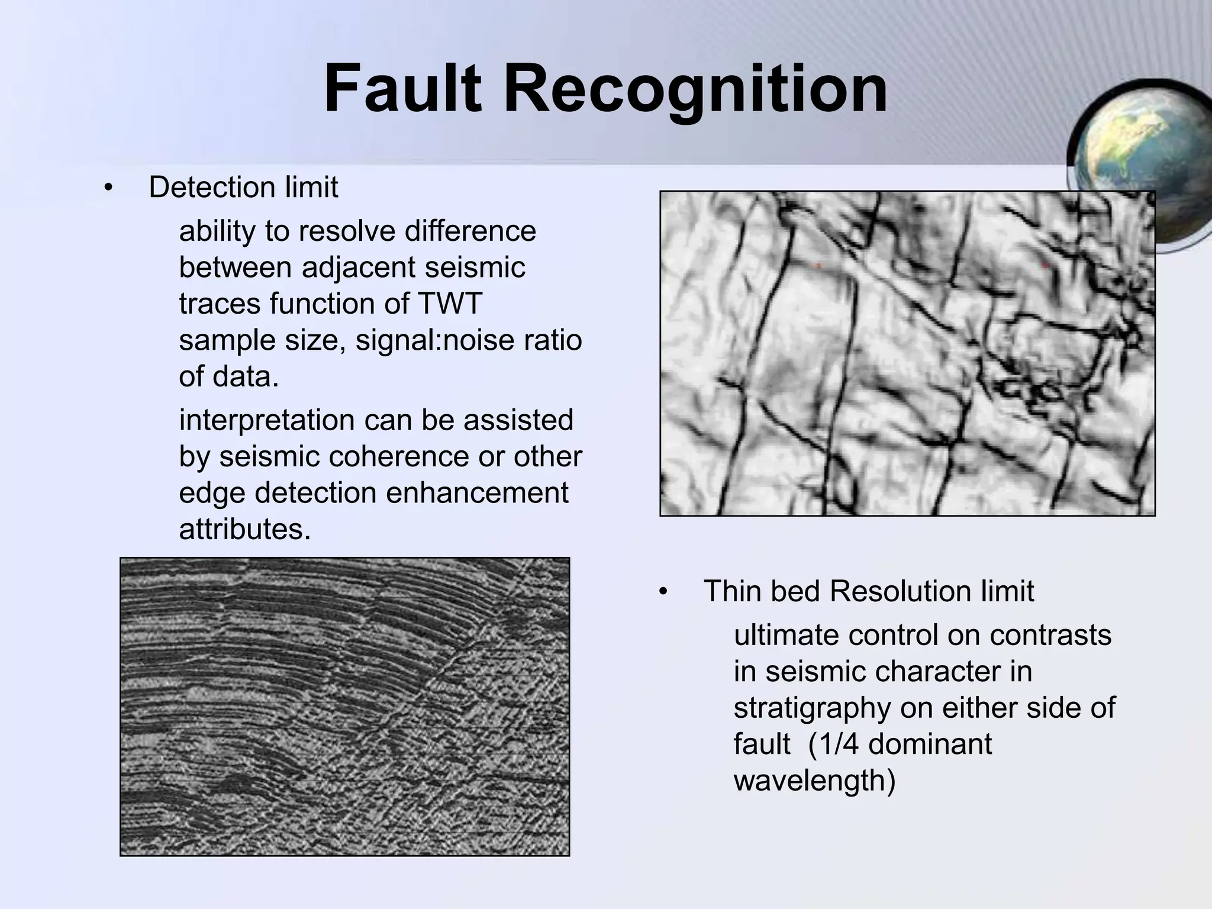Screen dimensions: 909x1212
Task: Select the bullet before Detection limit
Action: pos(107,188)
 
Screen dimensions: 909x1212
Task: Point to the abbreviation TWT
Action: pos(450,304)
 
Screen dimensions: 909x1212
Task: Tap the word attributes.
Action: pos(244,529)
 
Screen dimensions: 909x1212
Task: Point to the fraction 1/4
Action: pos(831,744)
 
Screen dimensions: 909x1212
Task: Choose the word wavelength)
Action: pos(814,781)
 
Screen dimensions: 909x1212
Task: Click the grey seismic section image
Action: pos(344,707)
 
